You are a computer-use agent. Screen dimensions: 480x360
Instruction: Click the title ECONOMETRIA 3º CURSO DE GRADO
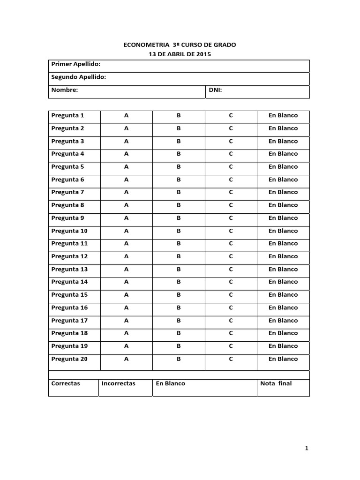tap(180, 45)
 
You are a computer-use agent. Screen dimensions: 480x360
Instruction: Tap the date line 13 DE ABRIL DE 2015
tap(180, 54)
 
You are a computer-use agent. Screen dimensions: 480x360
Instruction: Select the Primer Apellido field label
tap(75, 64)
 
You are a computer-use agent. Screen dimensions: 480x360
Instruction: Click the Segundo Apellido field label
tap(78, 77)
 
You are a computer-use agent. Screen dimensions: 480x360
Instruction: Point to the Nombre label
tap(64, 90)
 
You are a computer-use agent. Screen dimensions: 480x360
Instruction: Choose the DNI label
tap(215, 90)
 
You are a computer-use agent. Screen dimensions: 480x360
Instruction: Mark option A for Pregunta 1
tap(126, 115)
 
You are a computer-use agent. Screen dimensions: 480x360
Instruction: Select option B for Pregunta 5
tap(179, 166)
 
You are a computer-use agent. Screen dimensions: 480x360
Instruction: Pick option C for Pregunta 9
tap(231, 218)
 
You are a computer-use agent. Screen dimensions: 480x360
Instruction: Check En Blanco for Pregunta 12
tap(283, 256)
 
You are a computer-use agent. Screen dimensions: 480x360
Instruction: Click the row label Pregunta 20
tap(69, 359)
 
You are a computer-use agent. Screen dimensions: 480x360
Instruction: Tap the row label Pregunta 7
tap(67, 192)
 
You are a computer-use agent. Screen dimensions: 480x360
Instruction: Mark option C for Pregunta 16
tap(231, 307)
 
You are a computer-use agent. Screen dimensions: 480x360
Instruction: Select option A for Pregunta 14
tap(126, 282)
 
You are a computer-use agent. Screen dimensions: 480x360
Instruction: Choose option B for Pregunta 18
tap(179, 333)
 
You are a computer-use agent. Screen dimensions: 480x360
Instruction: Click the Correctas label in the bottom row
tap(66, 383)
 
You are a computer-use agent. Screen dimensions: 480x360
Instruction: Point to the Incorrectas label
tap(118, 383)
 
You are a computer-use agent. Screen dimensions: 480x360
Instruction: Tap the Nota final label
tap(276, 383)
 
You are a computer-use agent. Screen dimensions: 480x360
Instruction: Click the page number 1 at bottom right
tap(307, 449)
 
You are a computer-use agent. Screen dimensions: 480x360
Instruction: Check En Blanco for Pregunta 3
tap(283, 141)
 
